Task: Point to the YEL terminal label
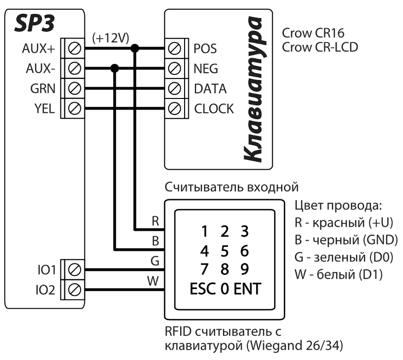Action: click(x=45, y=109)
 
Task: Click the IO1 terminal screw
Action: click(x=74, y=269)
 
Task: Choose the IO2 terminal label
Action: click(x=45, y=290)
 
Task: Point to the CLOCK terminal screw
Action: click(x=175, y=109)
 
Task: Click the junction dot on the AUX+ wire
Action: click(x=135, y=48)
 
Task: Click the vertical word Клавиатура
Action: click(x=256, y=90)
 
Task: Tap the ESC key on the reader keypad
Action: click(x=203, y=290)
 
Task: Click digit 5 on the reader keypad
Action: click(x=225, y=251)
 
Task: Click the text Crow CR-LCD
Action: click(x=320, y=48)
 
